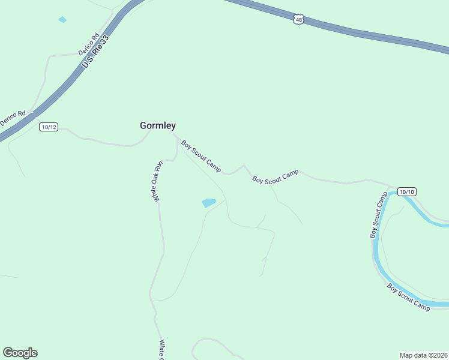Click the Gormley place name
coord(158,126)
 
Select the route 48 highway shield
coord(299,20)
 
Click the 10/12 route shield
coord(49,127)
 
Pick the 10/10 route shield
coord(406,191)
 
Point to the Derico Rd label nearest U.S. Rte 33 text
coord(88,44)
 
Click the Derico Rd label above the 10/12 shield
coord(13,117)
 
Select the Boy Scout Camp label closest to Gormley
coord(201,156)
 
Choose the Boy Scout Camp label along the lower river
coord(409,297)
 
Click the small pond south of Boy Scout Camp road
coord(209,203)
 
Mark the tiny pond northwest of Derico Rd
coord(62,20)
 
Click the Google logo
coord(20,353)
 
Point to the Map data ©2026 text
coord(423,355)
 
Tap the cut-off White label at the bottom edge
coord(161,350)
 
